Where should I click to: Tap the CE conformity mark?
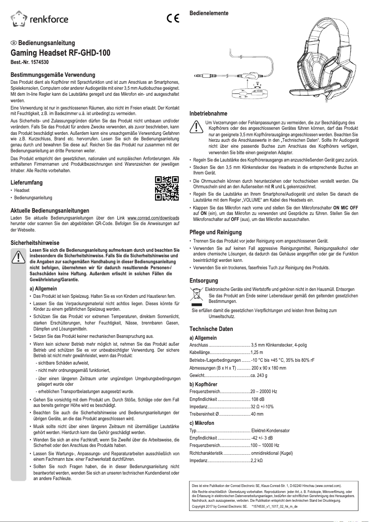coord(173,19)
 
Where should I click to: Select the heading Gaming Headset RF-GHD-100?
coord(60,53)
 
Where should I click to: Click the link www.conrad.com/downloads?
coord(153,217)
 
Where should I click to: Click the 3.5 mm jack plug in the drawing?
coord(201,78)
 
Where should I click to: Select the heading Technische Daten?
coord(211,329)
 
